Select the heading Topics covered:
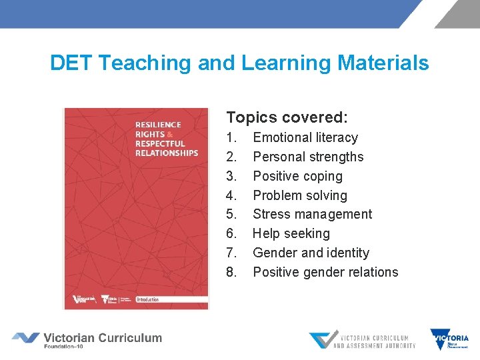coord(287,118)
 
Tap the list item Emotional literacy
coord(305,138)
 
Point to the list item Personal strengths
coord(308,157)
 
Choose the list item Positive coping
coord(297,177)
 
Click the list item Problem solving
coord(300,196)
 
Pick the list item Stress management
coord(312,215)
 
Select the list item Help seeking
coord(291,234)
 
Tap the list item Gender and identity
coord(311,253)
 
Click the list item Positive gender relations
coord(325,273)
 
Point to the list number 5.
coord(231,215)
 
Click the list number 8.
coord(231,273)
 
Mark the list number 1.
coord(231,138)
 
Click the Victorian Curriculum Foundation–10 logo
coord(87,339)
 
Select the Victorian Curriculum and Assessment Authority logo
coord(362,340)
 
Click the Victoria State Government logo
coord(449,339)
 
